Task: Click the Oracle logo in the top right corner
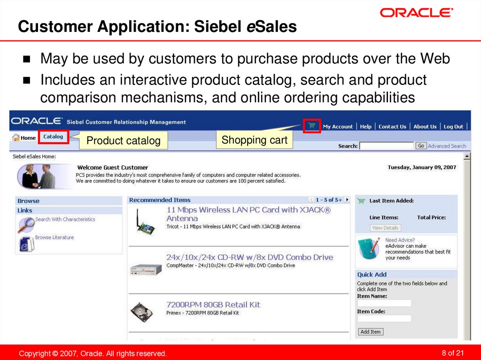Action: click(x=416, y=13)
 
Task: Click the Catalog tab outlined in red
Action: click(x=53, y=137)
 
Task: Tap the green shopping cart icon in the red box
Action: click(x=312, y=126)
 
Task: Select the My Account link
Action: click(x=338, y=127)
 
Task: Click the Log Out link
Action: click(x=453, y=127)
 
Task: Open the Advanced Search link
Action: click(x=447, y=146)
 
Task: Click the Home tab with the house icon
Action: click(x=24, y=138)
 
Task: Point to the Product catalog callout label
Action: click(x=124, y=140)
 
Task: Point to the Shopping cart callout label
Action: click(x=254, y=140)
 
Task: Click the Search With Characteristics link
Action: click(x=65, y=219)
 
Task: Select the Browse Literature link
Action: click(x=54, y=237)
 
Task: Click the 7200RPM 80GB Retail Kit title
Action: click(x=213, y=305)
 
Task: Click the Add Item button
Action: click(x=371, y=332)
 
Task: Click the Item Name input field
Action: click(x=384, y=303)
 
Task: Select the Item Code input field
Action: click(x=384, y=318)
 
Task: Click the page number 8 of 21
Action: click(x=453, y=353)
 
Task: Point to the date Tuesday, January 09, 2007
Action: click(x=422, y=168)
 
